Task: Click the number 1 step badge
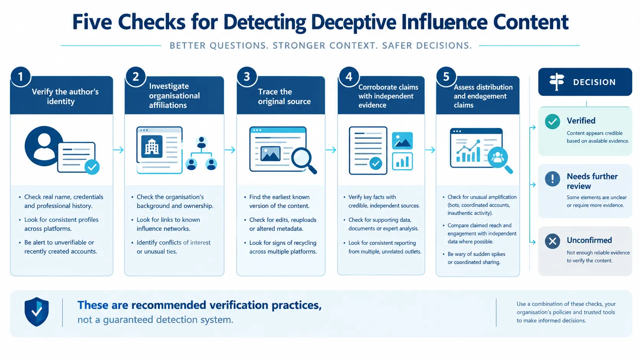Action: pyautogui.click(x=21, y=77)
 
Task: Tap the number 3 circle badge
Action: pyautogui.click(x=247, y=77)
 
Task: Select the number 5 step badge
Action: pyautogui.click(x=446, y=77)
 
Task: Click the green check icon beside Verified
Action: pyautogui.click(x=552, y=122)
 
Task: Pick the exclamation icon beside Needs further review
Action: pyautogui.click(x=552, y=179)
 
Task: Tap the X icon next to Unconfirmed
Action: pyautogui.click(x=552, y=241)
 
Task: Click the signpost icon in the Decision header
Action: pyautogui.click(x=557, y=81)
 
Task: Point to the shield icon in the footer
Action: pyautogui.click(x=37, y=311)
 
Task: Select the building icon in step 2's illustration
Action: pyautogui.click(x=152, y=147)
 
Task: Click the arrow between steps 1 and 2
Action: pyautogui.click(x=118, y=150)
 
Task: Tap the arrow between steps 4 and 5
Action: pyautogui.click(x=430, y=150)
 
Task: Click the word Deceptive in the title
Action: pyautogui.click(x=353, y=22)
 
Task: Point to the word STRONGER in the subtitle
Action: pyautogui.click(x=299, y=46)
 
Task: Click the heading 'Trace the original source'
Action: pyautogui.click(x=284, y=96)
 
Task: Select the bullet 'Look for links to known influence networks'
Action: pyautogui.click(x=168, y=224)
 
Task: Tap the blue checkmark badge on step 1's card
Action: pyautogui.click(x=92, y=167)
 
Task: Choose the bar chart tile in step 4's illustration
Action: pyautogui.click(x=402, y=161)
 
